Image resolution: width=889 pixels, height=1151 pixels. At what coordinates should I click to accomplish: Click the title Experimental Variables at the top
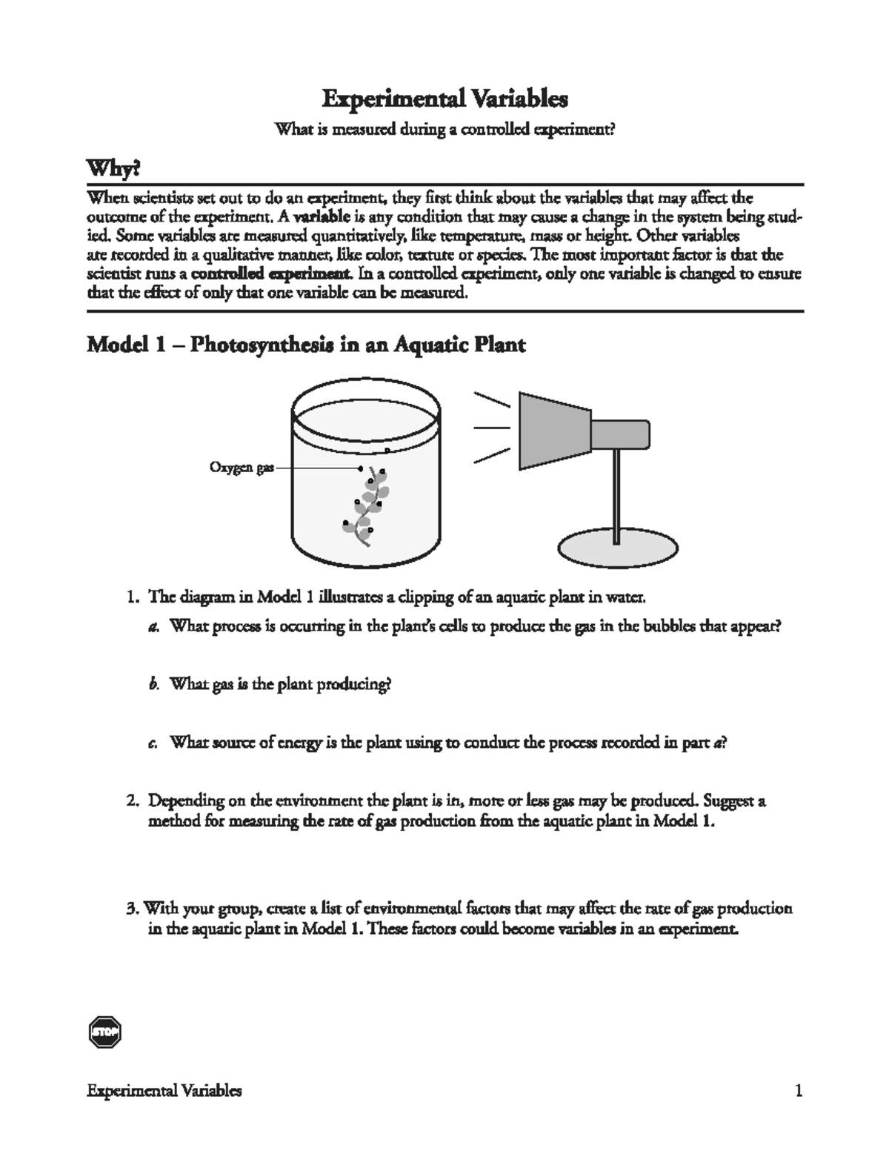444,99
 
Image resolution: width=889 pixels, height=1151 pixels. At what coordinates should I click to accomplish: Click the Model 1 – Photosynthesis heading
306,345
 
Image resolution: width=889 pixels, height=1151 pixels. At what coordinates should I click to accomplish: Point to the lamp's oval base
617,549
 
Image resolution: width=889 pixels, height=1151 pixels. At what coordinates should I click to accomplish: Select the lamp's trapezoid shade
554,431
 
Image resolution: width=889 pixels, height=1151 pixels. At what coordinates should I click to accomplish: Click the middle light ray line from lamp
491,428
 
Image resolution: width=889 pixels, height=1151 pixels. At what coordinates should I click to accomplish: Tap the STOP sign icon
104,1032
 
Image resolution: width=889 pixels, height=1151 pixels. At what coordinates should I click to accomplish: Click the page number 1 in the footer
798,1091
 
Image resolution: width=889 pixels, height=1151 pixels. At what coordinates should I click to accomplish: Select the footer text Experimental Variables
164,1091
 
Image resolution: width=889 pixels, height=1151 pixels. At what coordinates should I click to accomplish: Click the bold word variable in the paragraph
319,217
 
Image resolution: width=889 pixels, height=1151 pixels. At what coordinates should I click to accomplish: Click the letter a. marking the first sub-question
153,626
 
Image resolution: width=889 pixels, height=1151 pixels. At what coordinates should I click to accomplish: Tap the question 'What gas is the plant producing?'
280,684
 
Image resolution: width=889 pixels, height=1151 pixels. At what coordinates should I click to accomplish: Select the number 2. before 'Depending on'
133,801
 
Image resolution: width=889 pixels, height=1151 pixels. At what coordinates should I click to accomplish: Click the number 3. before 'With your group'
133,909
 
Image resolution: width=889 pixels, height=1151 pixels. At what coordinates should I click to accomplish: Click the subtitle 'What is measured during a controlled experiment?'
444,130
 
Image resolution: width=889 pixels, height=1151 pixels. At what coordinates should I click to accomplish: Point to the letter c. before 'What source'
153,743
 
